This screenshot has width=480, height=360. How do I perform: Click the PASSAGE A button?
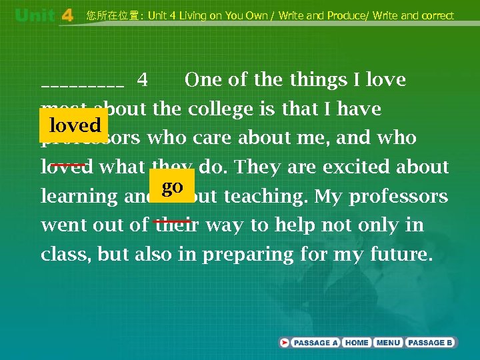pos(315,343)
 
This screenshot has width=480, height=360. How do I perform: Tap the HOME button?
pos(357,343)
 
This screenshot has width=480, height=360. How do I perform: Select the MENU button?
pos(388,343)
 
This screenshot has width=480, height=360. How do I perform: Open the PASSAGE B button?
pos(430,343)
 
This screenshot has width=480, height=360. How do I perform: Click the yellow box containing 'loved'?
pos(75,125)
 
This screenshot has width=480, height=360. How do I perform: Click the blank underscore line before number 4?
pos(82,85)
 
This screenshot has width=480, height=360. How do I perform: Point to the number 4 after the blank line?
pos(142,80)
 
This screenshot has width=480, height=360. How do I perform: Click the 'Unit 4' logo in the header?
pos(43,15)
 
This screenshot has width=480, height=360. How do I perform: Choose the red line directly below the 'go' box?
pos(172,221)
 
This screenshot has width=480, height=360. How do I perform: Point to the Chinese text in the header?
pos(114,15)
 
